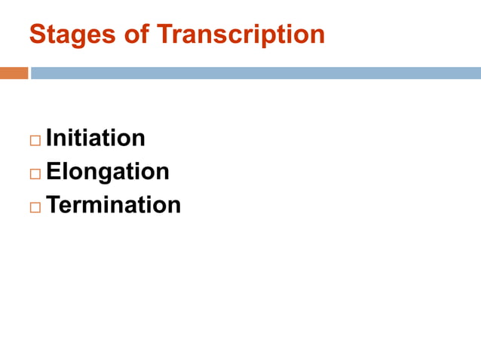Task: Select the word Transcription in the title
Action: [x=240, y=34]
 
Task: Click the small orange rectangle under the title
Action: [x=14, y=73]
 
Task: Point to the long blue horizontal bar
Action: [x=256, y=73]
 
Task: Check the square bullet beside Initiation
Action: [x=35, y=141]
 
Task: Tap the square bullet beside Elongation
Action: [x=35, y=174]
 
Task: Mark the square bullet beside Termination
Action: [x=35, y=207]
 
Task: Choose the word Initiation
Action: [x=96, y=138]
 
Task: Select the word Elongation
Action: [x=108, y=172]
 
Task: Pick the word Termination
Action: [x=114, y=205]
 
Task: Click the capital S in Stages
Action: [x=36, y=34]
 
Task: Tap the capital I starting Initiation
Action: [x=50, y=138]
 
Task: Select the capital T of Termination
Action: [x=54, y=205]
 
